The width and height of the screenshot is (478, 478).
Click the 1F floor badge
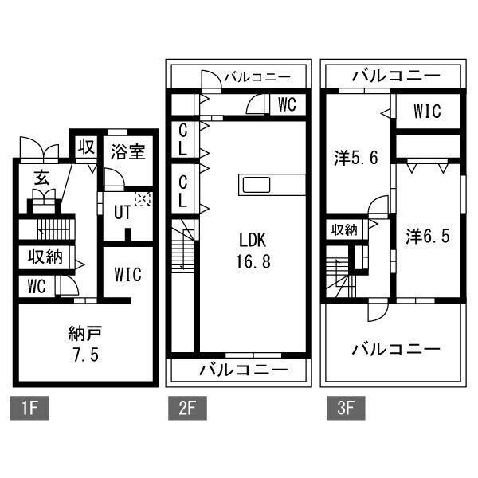pos(29,408)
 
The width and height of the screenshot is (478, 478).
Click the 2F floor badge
pos(187,408)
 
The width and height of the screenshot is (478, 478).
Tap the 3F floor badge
pos(346,408)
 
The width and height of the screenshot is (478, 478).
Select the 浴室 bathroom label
pos(127,152)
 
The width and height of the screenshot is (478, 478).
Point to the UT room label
pos(123,212)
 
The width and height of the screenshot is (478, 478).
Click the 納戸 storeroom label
pos(85,334)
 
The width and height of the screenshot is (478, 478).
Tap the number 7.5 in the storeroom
pos(86,355)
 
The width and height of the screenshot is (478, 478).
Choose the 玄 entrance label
pos(41,178)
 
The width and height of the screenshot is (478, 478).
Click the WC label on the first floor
pos(37,286)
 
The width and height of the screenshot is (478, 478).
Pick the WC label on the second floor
pos(287,105)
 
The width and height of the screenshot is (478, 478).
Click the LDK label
pos(253,240)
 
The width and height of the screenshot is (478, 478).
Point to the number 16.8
pos(253,261)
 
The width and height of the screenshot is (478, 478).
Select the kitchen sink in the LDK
pos(257,185)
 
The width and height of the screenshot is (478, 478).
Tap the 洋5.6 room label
pos(356,159)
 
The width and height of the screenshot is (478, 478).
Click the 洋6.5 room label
pos(428,237)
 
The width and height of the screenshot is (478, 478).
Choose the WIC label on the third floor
pos(427,112)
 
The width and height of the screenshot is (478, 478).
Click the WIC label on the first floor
pos(127,274)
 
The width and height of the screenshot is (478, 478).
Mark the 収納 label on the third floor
pos(344,229)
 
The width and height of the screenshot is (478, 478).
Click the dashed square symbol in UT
pos(143,200)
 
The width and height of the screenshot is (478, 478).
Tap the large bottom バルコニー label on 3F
pos(396,350)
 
